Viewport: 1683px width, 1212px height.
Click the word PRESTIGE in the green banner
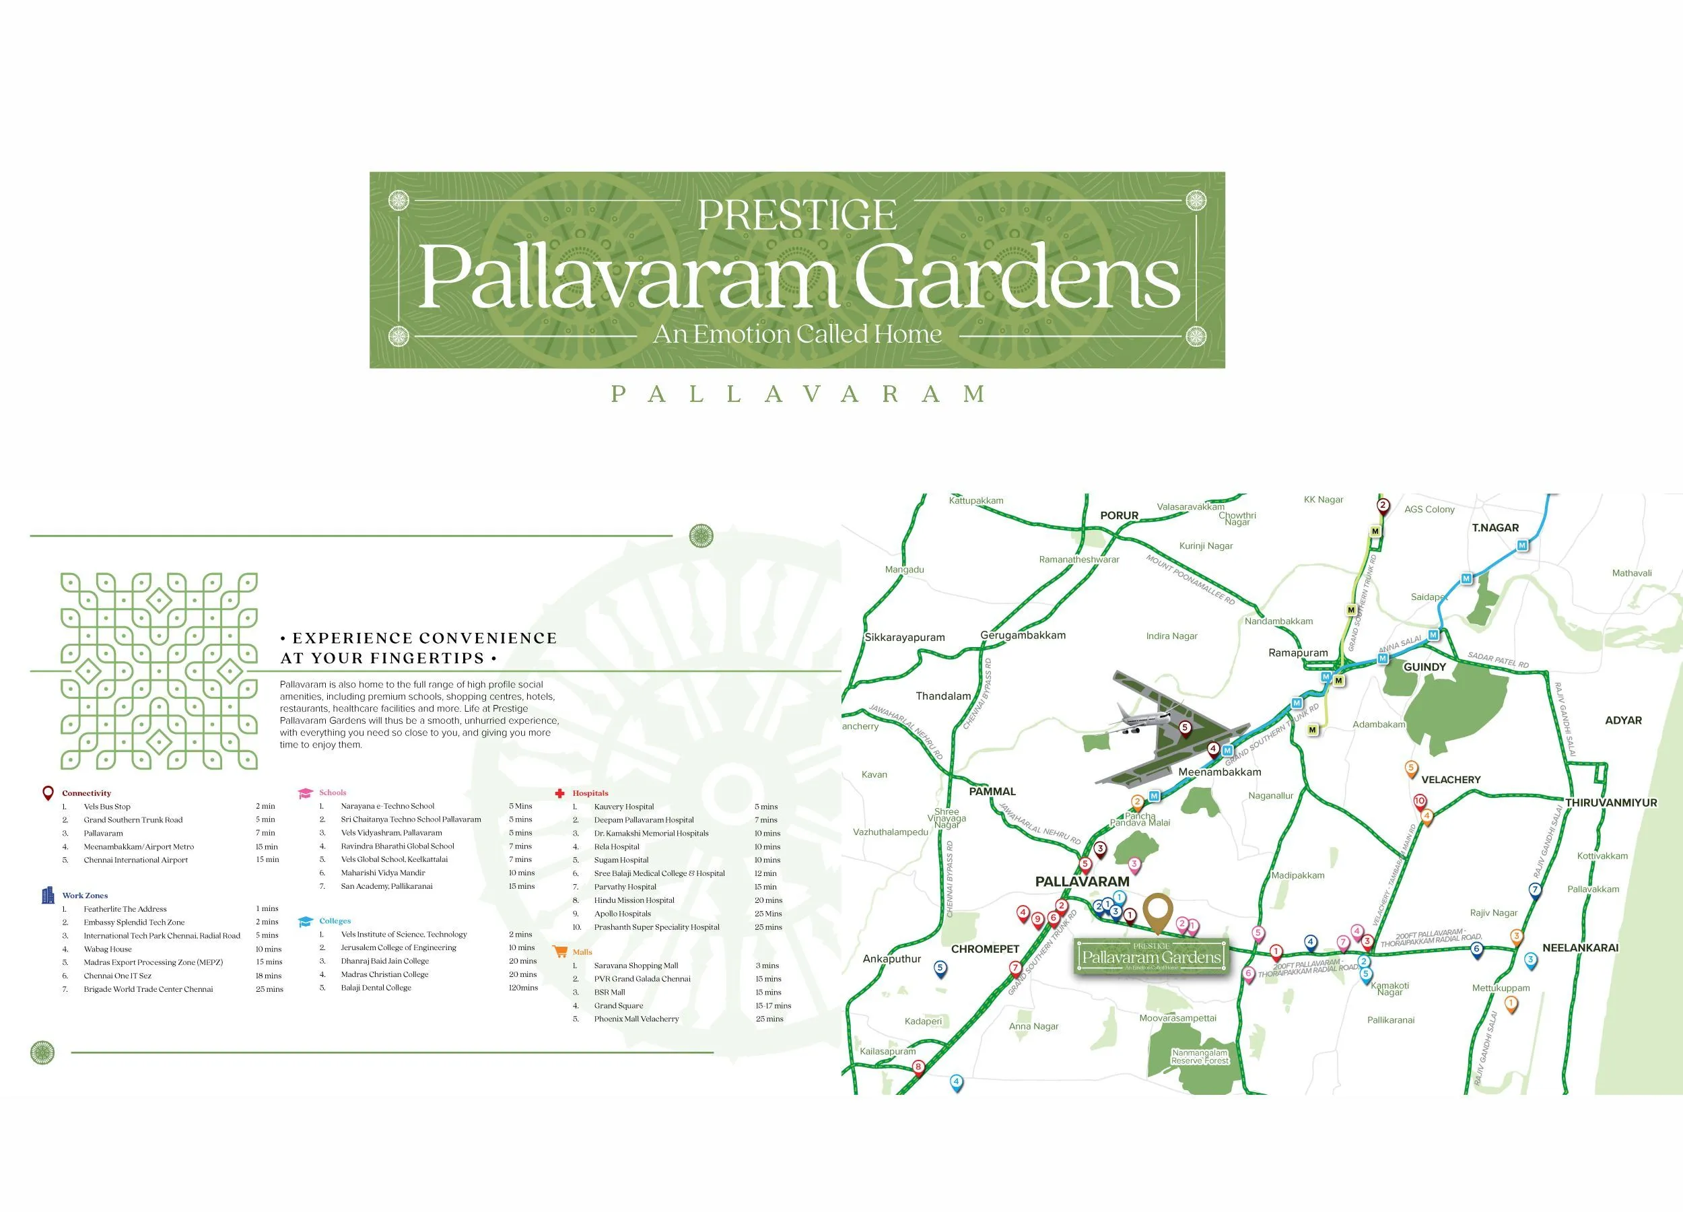tap(797, 215)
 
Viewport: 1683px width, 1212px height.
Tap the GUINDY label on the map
tap(1424, 667)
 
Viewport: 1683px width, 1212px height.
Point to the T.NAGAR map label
tap(1495, 528)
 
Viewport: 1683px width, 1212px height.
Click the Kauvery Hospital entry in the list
tap(624, 807)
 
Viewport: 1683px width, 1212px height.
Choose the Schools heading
tap(333, 793)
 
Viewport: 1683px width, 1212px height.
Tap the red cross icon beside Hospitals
tap(560, 793)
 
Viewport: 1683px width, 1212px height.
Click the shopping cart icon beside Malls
tap(560, 951)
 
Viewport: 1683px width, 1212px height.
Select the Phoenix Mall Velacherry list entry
tap(636, 1019)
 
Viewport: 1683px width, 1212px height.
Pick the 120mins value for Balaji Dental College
tap(523, 988)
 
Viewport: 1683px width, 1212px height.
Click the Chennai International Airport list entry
tap(136, 861)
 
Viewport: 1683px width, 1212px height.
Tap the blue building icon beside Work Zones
tap(48, 895)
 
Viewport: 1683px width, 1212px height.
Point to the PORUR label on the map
tap(1119, 516)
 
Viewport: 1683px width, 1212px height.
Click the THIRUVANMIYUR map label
tap(1611, 803)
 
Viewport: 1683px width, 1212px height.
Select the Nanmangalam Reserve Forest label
tap(1200, 1057)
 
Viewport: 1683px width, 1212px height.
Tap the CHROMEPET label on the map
tap(985, 949)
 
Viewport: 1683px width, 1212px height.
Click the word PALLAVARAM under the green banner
tap(798, 394)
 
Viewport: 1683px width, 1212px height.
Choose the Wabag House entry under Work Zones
tap(108, 949)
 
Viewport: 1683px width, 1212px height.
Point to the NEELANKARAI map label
tap(1581, 948)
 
